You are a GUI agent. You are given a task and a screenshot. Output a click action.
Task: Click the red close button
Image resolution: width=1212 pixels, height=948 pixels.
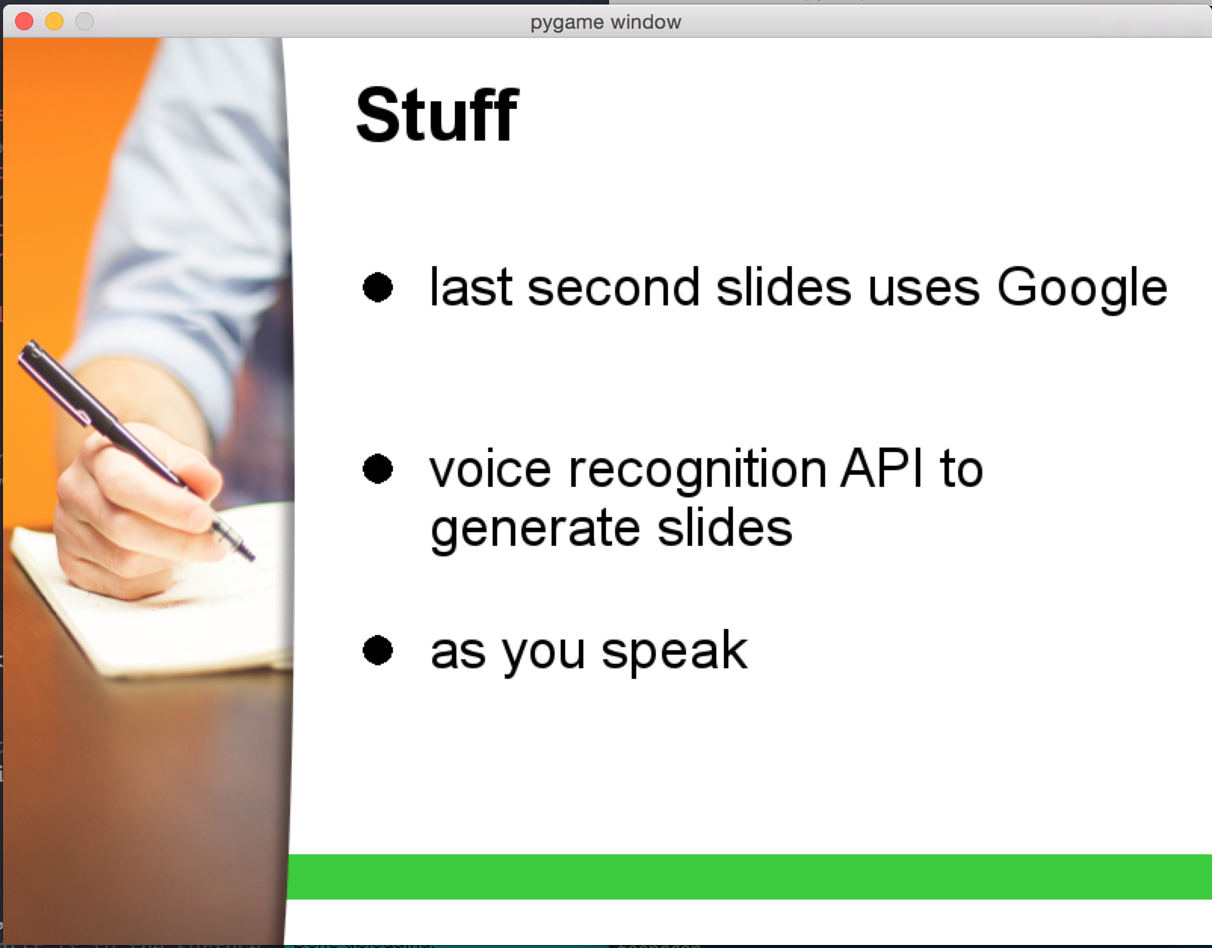coord(24,22)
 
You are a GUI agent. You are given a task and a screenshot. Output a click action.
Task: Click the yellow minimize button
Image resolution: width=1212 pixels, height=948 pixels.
coord(54,22)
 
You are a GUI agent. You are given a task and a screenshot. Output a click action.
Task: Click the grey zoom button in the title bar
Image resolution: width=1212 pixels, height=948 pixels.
coord(85,22)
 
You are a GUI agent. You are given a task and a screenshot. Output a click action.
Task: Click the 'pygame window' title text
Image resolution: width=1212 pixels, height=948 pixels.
coord(606,23)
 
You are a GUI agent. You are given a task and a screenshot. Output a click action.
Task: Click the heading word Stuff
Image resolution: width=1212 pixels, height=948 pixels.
coord(437,116)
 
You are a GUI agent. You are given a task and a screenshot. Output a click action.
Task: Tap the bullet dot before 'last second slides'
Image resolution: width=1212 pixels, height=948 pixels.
coord(378,287)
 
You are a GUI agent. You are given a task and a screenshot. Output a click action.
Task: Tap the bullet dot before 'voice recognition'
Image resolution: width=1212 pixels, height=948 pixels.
coord(378,469)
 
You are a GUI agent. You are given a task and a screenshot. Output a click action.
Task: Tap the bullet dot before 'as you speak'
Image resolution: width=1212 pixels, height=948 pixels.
coord(378,651)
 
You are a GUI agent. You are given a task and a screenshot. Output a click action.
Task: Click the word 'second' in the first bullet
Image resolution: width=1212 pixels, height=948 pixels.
coord(614,287)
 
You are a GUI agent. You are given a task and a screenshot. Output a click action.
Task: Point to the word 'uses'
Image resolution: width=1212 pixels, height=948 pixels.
coord(923,290)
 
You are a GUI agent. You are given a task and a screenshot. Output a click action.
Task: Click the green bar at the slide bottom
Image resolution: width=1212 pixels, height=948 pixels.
coord(750,877)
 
